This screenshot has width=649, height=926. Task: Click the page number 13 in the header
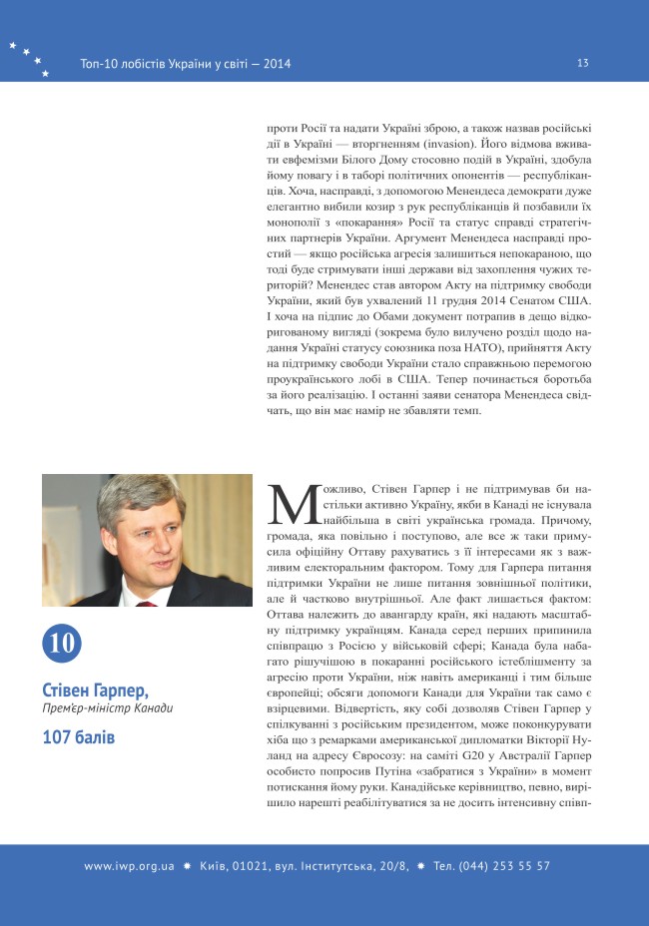[x=583, y=63]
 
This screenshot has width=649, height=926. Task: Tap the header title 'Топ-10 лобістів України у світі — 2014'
[x=186, y=64]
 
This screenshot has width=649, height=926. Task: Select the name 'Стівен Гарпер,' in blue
[x=96, y=691]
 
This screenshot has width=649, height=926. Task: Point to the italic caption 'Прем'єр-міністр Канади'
[x=108, y=709]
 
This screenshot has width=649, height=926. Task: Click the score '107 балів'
[x=79, y=738]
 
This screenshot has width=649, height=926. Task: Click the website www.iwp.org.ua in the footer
[x=129, y=866]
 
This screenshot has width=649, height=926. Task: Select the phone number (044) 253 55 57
[x=506, y=866]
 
